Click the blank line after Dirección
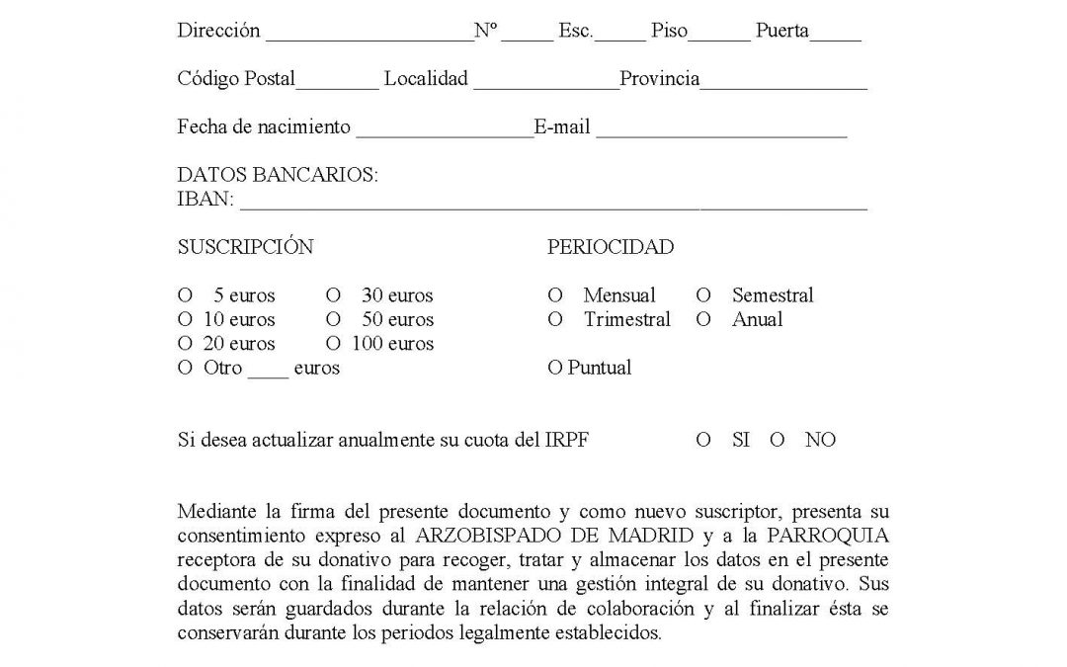pyautogui.click(x=369, y=36)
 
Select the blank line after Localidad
pyautogui.click(x=545, y=84)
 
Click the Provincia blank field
pyautogui.click(x=783, y=84)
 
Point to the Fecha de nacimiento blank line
pyautogui.click(x=444, y=132)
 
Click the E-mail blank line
pyautogui.click(x=721, y=132)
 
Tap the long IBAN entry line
pyautogui.click(x=553, y=205)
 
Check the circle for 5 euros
pyautogui.click(x=184, y=295)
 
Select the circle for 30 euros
pyautogui.click(x=333, y=295)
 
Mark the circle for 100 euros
pyautogui.click(x=333, y=344)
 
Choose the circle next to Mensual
pyautogui.click(x=554, y=295)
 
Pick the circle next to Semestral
pyautogui.click(x=703, y=295)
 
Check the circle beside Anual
pyautogui.click(x=703, y=319)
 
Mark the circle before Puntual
pyautogui.click(x=554, y=369)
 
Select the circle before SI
pyautogui.click(x=703, y=441)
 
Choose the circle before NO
pyautogui.click(x=778, y=441)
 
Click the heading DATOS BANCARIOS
pyautogui.click(x=278, y=175)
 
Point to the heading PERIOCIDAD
pyautogui.click(x=611, y=248)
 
